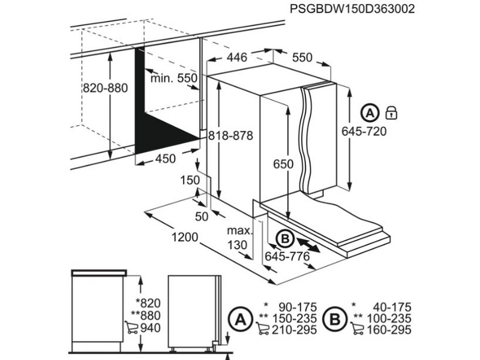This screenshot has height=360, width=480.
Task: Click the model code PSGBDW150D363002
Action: click(353, 9)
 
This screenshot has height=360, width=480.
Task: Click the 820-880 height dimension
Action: click(106, 88)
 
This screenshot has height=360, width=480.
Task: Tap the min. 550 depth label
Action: click(174, 78)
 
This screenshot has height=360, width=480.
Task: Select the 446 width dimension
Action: click(237, 58)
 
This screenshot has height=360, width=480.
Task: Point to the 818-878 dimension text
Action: click(230, 136)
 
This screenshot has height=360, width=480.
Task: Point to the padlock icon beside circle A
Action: click(392, 112)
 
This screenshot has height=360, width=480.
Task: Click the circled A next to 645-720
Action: click(371, 112)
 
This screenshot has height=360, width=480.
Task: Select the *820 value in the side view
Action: click(149, 304)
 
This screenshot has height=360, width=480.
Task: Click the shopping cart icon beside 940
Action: click(131, 328)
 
